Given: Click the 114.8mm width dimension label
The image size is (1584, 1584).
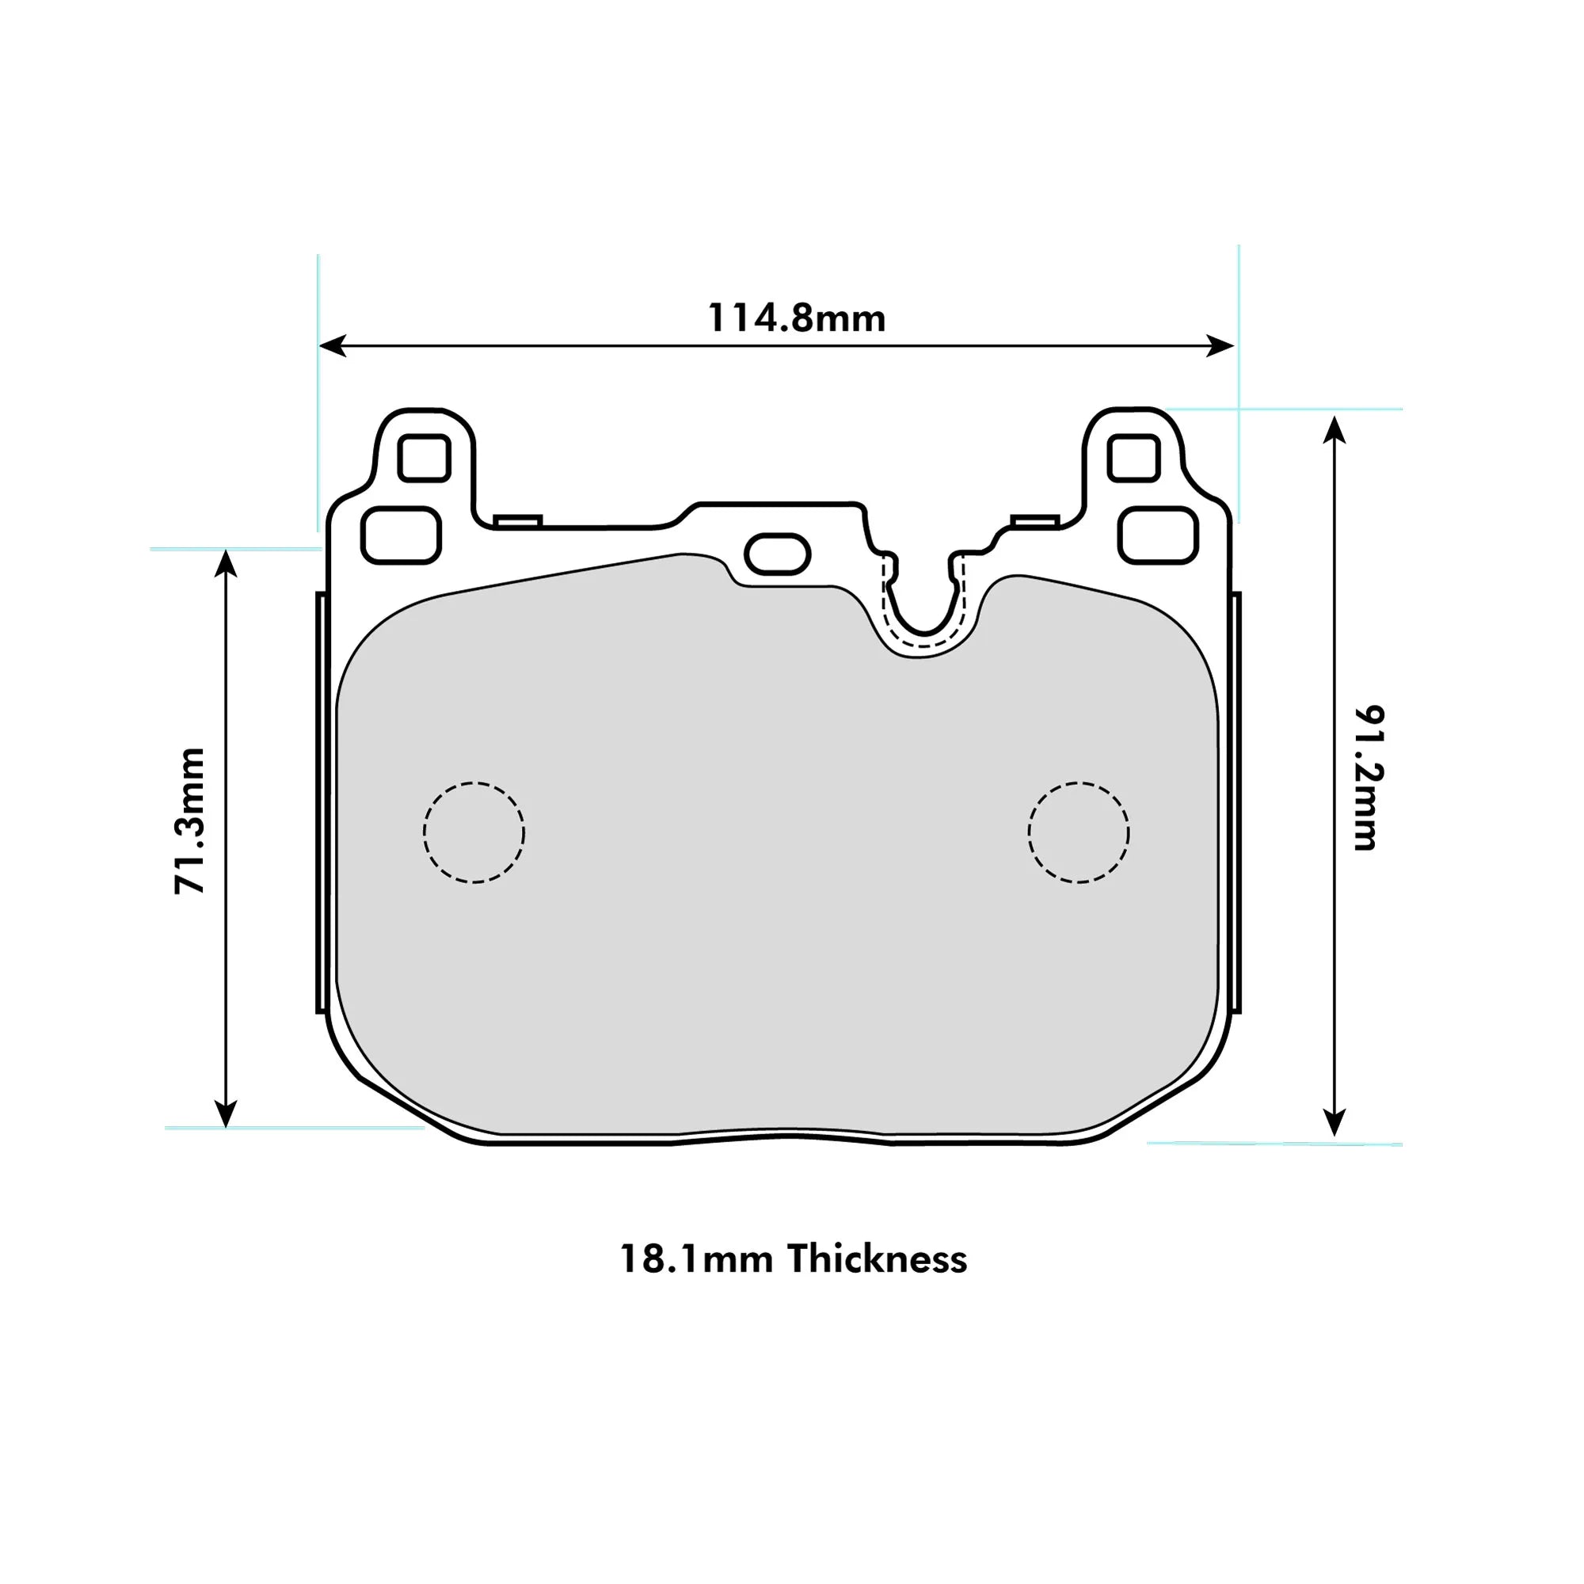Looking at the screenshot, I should [796, 318].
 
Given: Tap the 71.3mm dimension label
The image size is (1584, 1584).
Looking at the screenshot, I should [190, 820].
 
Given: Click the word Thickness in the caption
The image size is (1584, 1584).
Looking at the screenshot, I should [878, 1258].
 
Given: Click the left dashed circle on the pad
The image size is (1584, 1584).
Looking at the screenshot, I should [474, 832].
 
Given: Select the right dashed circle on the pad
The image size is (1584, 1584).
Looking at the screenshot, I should [1078, 832].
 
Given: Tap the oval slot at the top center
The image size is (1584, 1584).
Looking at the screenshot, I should [777, 554].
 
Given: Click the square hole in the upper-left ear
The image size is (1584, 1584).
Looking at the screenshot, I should [424, 458].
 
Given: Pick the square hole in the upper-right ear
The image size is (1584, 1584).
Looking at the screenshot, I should [1133, 458].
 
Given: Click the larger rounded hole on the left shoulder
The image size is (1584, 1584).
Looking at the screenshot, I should [401, 535].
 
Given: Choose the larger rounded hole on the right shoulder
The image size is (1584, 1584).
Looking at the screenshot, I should [1159, 535].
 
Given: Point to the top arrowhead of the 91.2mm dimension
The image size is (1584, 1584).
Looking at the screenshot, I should [1335, 428].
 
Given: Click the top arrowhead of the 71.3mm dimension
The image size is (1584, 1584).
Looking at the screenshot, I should [226, 562].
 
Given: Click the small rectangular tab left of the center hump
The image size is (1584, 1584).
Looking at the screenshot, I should [518, 520].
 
